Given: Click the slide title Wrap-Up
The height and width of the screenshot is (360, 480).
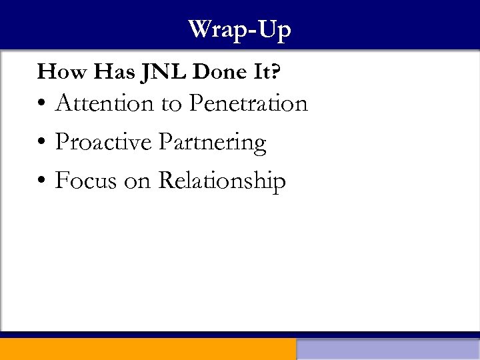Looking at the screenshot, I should pyautogui.click(x=239, y=30).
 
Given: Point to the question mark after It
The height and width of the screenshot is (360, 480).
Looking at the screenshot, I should pyautogui.click(x=274, y=72).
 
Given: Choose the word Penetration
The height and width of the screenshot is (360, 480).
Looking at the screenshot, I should pyautogui.click(x=248, y=103).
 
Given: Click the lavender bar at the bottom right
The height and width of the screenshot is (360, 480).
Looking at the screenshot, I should pyautogui.click(x=388, y=349).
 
